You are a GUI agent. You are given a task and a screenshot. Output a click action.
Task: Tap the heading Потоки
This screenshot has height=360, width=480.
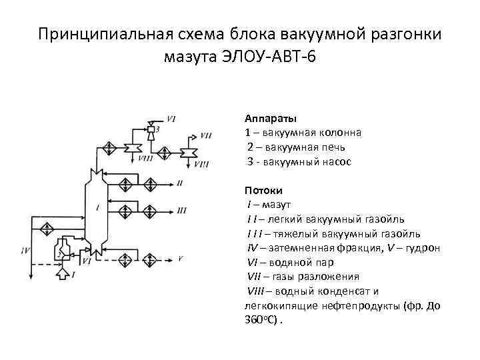(x=263, y=190)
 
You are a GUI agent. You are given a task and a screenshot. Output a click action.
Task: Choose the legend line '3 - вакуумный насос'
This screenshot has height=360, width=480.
(x=299, y=161)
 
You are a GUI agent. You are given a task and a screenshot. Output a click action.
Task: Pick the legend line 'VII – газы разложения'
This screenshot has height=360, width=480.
(x=304, y=277)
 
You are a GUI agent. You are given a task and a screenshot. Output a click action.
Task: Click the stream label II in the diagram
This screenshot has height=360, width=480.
(x=180, y=182)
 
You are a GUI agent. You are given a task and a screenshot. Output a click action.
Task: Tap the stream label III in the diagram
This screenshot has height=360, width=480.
(x=181, y=211)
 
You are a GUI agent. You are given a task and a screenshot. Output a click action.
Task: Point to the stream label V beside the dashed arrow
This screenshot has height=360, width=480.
(x=180, y=258)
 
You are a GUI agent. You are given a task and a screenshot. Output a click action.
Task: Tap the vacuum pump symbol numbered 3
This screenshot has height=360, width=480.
(x=151, y=131)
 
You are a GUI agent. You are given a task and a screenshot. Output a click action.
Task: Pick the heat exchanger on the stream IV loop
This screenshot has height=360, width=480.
(x=46, y=229)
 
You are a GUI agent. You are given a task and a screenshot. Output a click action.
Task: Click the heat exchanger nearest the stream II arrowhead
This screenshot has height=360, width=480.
(x=149, y=182)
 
